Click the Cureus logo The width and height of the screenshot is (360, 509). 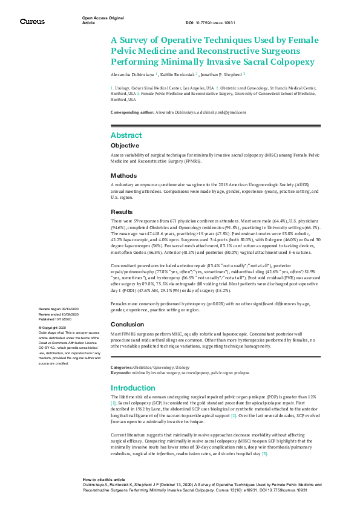(x=32, y=22)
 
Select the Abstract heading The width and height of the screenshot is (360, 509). (x=126, y=135)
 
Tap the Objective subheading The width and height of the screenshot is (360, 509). (x=125, y=146)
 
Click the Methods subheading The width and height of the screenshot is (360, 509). (x=123, y=175)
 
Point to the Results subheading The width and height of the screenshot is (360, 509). (x=122, y=212)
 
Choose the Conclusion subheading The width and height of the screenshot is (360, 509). (x=127, y=324)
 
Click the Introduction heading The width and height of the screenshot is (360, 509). (x=133, y=387)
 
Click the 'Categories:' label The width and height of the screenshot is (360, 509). (x=121, y=368)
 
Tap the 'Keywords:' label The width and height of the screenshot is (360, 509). (x=120, y=373)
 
